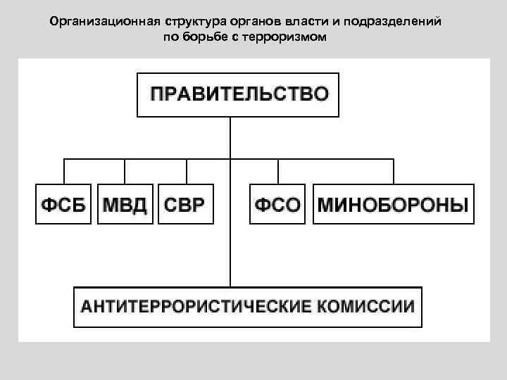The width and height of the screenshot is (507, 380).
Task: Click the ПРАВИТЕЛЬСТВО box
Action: pos(238,94)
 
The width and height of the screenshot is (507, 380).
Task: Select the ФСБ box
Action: pos(63,204)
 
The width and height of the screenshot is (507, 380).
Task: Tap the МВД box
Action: pos(125,204)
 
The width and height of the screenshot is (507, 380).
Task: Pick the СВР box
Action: pos(186,204)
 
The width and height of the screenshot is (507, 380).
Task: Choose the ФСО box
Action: pos(278,204)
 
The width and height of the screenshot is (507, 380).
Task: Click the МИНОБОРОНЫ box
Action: pos(394,204)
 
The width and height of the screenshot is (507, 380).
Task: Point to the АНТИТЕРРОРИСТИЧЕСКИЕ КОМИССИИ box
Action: pos(248,306)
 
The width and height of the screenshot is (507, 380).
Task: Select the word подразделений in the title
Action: pos(401,21)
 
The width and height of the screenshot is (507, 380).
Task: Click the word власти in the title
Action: pos(313,21)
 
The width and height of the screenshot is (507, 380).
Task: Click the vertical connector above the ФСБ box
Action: pos(64,172)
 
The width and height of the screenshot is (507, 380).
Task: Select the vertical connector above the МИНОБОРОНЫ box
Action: pos(394,172)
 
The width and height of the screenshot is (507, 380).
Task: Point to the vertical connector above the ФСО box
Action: pos(278,172)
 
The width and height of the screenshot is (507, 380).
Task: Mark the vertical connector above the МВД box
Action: pos(125,172)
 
